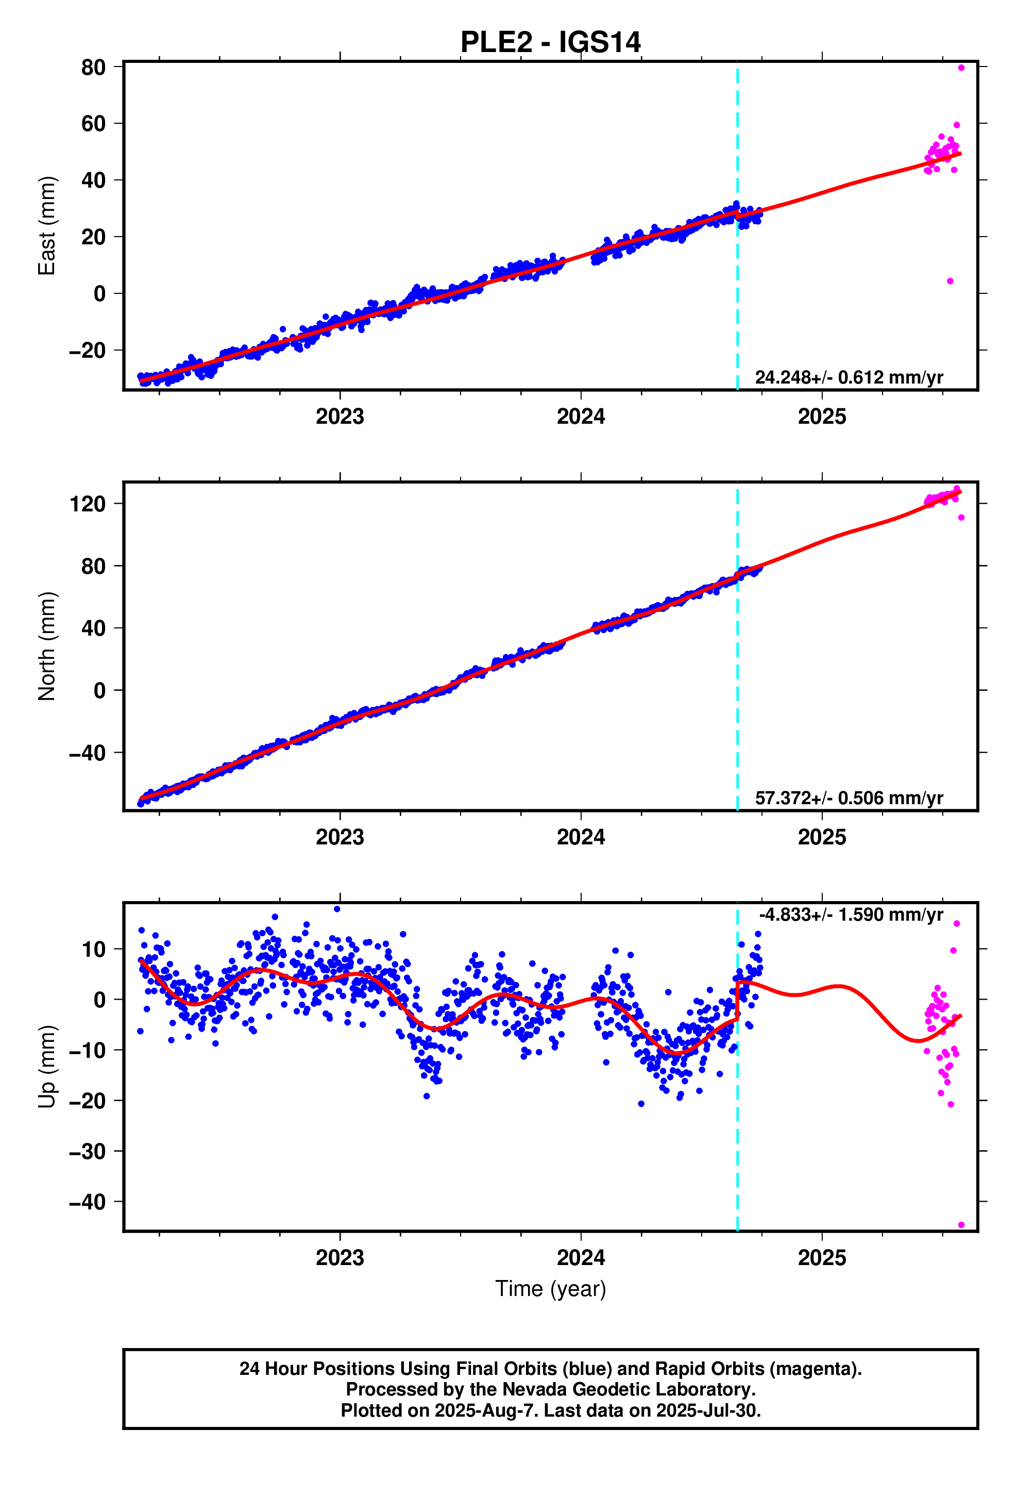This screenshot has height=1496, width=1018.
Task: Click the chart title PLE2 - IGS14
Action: [x=550, y=42]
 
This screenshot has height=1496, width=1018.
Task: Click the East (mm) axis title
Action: [x=46, y=225]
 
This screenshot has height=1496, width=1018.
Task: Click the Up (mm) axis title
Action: [x=46, y=1066]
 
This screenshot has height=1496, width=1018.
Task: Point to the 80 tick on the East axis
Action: [x=93, y=67]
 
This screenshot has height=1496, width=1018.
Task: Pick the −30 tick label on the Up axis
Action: [x=88, y=1151]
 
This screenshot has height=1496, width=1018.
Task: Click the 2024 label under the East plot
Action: [x=581, y=417]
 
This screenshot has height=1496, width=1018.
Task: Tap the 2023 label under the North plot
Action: [x=340, y=838]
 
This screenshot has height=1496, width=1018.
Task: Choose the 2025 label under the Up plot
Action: [x=822, y=1258]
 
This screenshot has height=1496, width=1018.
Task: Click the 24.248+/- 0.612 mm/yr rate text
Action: [x=849, y=377]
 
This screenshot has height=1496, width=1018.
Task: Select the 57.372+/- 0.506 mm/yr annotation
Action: [x=849, y=798]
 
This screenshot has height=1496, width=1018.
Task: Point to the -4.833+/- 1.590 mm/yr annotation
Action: [x=851, y=915]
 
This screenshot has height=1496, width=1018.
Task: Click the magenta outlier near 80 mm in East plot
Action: [x=961, y=68]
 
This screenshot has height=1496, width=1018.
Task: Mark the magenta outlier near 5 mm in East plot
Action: [x=950, y=281]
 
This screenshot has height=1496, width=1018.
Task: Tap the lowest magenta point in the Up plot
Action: [x=961, y=1225]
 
